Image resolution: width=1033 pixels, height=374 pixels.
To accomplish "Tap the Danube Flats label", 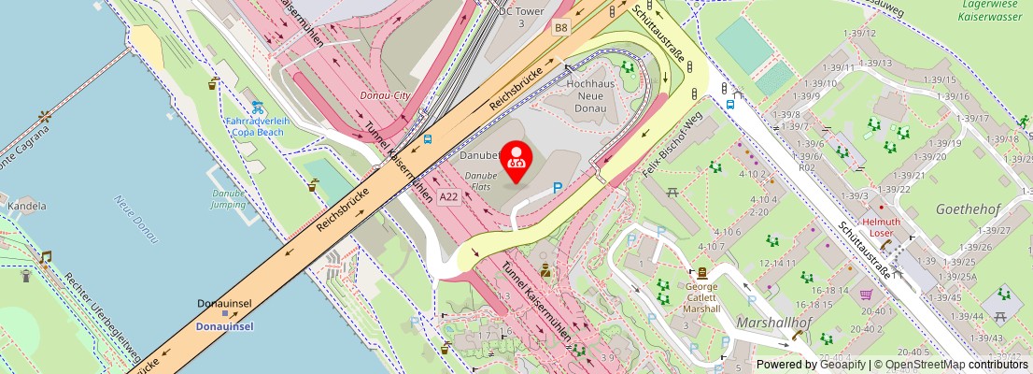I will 481,181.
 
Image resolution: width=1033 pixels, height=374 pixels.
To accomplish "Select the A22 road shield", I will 449,196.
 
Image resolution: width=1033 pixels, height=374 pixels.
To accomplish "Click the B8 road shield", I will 560,28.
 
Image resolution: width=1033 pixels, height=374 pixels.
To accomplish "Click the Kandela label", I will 26,205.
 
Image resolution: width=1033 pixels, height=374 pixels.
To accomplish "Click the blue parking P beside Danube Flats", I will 558,187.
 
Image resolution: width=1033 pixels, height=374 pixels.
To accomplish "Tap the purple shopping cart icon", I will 867,294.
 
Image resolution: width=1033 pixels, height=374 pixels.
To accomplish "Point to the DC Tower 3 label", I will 521,16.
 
